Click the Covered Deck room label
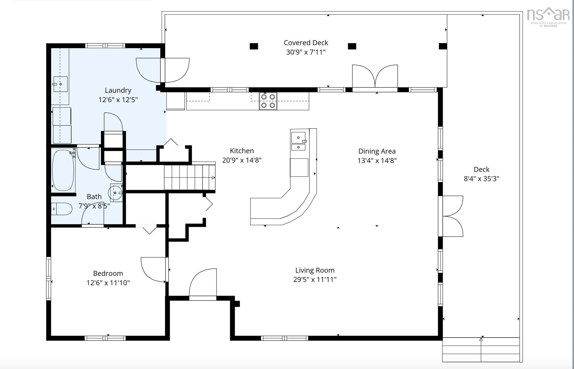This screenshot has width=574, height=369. coord(306,43)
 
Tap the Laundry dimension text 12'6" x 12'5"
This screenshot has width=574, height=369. coord(118,99)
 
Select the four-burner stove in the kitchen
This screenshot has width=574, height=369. coord(268,101)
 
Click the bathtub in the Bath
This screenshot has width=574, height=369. coord(63,170)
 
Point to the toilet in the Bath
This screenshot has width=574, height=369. coord(62,209)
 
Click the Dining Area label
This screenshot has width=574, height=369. coord(377,151)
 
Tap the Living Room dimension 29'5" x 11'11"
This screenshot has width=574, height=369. coord(315,279)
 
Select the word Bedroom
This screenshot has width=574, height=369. coord(108,273)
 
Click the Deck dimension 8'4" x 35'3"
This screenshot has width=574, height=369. coord(481,179)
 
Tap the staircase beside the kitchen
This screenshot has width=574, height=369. coord(190,177)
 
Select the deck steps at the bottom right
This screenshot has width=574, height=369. coord(481,350)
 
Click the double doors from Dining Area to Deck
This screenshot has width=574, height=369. coord(451,216)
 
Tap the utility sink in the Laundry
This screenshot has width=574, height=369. coord(60,84)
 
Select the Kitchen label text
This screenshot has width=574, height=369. coord(242,151)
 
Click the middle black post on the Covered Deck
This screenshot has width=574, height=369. coord(352,46)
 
